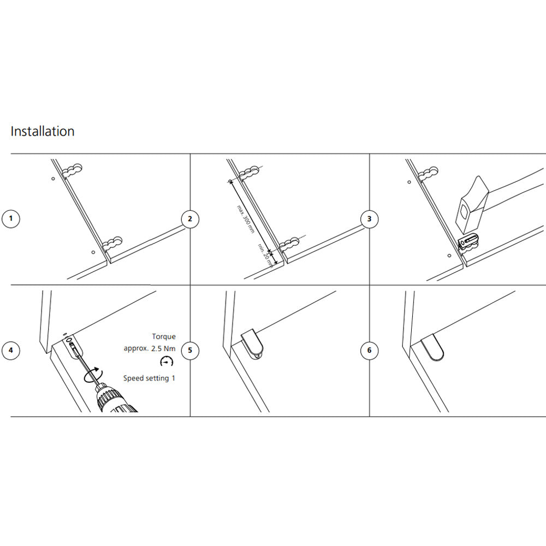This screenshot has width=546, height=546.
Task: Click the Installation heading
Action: (x=43, y=132)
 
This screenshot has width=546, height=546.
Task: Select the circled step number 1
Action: (x=10, y=219)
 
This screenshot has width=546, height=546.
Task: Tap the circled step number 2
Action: (x=190, y=219)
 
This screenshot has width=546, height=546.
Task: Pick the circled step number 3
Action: (x=370, y=219)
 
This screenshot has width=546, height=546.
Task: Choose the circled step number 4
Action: (x=10, y=350)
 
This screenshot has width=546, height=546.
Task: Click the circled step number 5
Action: (x=190, y=350)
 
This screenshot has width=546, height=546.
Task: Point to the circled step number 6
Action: (x=370, y=350)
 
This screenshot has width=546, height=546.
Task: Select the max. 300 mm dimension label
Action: (x=245, y=219)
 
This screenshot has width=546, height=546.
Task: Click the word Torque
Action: (x=164, y=337)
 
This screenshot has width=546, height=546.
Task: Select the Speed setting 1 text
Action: (x=149, y=378)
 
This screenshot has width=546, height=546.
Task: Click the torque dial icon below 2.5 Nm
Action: (x=165, y=361)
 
